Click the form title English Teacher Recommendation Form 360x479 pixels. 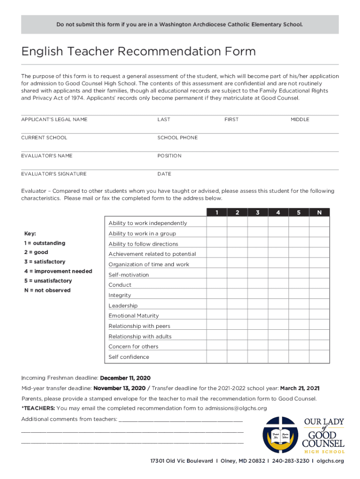tap(138, 51)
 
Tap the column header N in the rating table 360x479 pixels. tap(319, 213)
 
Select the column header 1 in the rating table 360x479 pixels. tap(217, 213)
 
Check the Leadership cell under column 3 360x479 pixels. tap(258, 305)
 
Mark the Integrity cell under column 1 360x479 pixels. tap(217, 295)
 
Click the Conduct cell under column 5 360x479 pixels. tap(299, 285)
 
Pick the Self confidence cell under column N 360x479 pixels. tap(319, 357)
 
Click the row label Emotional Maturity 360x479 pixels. tap(134, 316)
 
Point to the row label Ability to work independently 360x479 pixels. tap(148, 223)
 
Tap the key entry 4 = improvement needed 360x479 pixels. tap(58, 271)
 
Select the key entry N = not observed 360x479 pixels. tap(47, 290)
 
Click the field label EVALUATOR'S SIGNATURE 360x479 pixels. tap(54, 174)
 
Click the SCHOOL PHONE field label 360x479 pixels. tap(177, 138)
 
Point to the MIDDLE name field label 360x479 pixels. tap(300, 119)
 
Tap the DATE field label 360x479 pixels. tap(164, 174)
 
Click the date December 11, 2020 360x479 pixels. tap(125, 378)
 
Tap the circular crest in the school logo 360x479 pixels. tap(280, 435)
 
